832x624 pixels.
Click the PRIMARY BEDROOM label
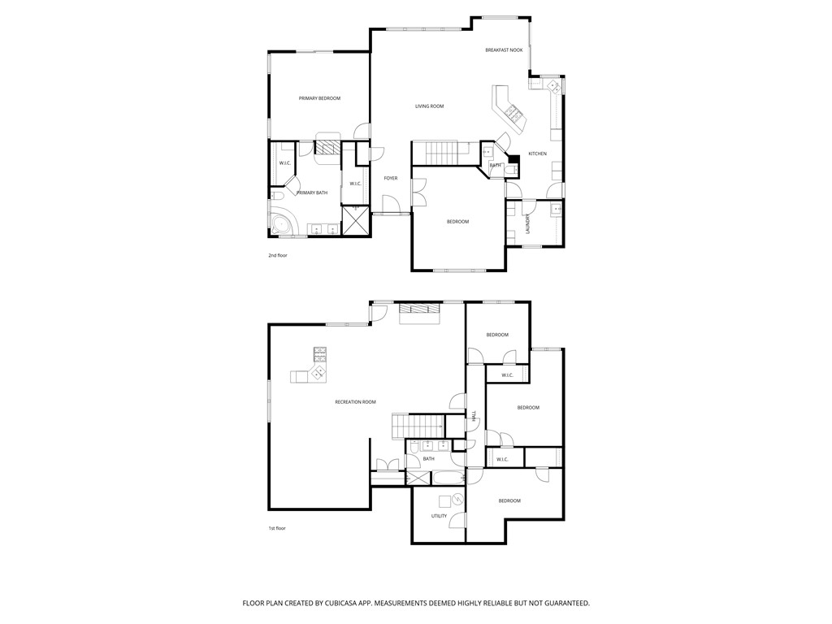tap(319, 98)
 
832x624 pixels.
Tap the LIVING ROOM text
tap(429, 106)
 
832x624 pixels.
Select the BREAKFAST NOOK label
tap(504, 50)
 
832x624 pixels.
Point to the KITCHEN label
tap(538, 154)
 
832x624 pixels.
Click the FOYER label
tap(391, 178)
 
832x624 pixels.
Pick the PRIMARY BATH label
tap(312, 193)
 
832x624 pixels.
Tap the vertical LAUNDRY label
tap(528, 223)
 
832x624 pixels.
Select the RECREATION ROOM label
tap(355, 402)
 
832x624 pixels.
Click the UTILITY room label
tap(439, 516)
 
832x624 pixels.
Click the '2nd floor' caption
tap(278, 255)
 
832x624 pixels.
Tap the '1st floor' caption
tap(277, 528)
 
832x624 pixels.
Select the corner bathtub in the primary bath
tap(284, 225)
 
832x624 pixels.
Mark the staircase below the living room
tap(442, 152)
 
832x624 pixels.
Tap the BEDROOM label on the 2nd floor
tap(457, 222)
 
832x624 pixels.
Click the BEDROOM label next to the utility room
tap(509, 500)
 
